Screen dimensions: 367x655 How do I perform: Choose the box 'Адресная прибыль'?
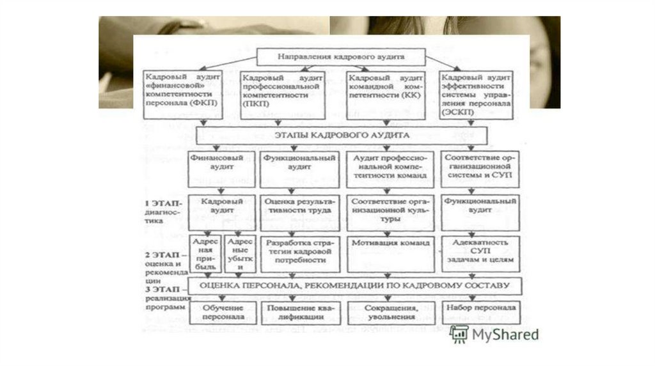[205, 251]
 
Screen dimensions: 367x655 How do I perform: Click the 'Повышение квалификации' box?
[299, 312]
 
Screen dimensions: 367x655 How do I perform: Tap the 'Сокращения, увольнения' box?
[388, 312]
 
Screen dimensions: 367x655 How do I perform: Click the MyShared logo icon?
[458, 333]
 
